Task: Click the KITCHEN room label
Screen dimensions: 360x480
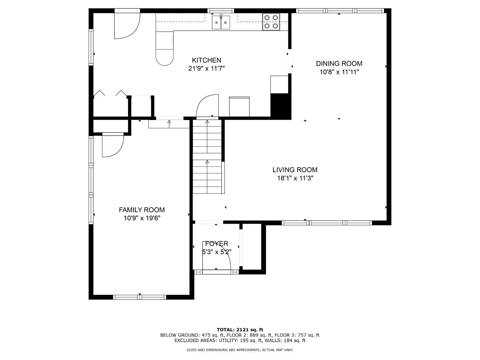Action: tap(206, 60)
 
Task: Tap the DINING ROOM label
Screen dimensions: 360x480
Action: tap(339, 63)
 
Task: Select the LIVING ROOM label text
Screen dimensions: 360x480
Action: tap(295, 170)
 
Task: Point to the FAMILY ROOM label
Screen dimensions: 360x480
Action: tap(142, 210)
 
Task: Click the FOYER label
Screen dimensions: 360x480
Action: tap(217, 244)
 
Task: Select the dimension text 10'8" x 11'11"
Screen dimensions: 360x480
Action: tap(339, 72)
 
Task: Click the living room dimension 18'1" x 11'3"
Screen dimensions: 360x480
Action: tap(295, 178)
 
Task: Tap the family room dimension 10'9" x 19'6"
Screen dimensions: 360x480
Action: tap(142, 218)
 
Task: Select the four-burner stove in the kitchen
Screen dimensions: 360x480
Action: tap(271, 22)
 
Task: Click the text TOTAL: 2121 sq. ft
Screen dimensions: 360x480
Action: tap(240, 330)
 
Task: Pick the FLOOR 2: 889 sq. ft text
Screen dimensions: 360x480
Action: tap(259, 335)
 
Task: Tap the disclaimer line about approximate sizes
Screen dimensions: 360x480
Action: tap(240, 350)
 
